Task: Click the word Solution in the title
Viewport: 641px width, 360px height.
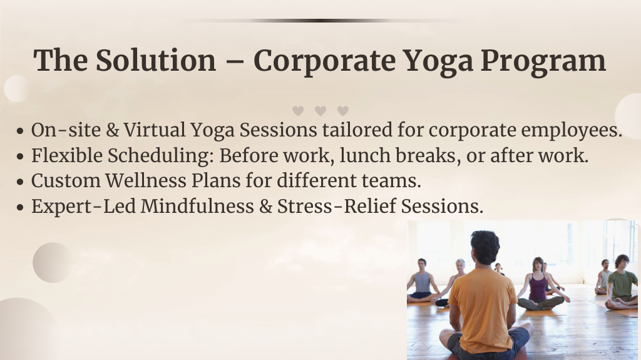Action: pos(156,61)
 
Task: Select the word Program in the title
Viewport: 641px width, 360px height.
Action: pos(543,62)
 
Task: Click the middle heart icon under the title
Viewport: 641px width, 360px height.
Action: pos(320,111)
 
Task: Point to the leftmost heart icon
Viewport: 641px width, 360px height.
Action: pos(298,111)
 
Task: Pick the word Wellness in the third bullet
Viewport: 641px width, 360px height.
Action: pos(146,181)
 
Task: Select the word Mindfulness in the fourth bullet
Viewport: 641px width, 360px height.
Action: pos(197,206)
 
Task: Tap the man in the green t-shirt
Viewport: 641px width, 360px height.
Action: pos(621,283)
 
